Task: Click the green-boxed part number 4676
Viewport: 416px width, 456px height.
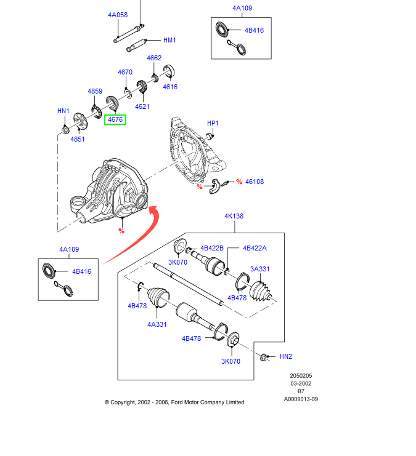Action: tap(115, 119)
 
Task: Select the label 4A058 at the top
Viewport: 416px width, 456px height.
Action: tap(118, 15)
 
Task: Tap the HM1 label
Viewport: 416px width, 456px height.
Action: tap(169, 40)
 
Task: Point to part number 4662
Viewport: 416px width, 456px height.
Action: tap(154, 58)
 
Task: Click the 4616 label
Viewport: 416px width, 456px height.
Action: tap(170, 87)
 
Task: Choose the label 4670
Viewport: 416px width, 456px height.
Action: tap(125, 72)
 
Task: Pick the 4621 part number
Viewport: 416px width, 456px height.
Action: tap(142, 106)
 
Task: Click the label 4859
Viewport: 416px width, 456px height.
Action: tap(95, 91)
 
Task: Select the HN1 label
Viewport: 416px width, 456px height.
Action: tap(63, 111)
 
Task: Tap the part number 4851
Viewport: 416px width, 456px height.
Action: tap(78, 139)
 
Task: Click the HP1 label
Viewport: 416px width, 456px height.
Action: tap(213, 123)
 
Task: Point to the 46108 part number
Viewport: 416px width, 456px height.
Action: tap(255, 182)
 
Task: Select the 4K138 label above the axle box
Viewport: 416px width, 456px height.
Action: tap(234, 217)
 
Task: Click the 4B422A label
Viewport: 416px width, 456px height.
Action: tap(254, 249)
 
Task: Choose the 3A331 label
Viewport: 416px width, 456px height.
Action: tap(259, 269)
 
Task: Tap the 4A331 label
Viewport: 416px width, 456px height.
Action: tap(157, 324)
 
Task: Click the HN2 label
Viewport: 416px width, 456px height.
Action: tap(286, 356)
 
